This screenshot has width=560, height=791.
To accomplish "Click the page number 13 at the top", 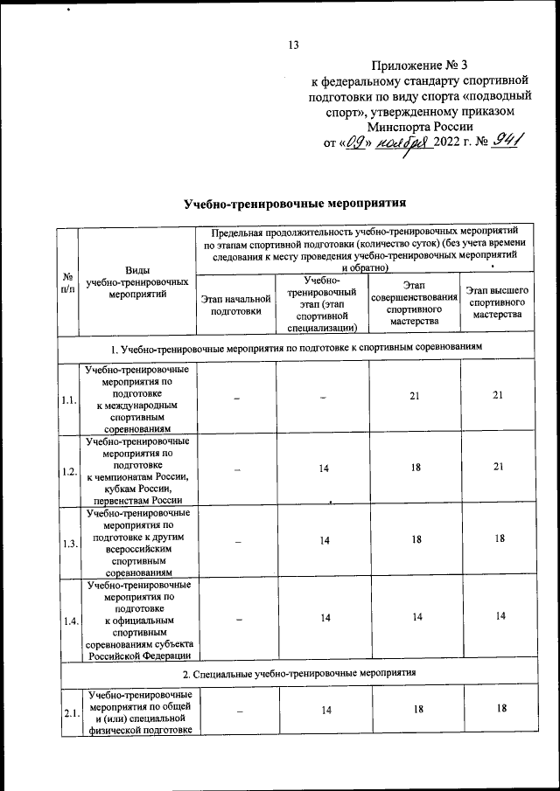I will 293,45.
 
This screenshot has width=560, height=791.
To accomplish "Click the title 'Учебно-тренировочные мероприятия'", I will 296,205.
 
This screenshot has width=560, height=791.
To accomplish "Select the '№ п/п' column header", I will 67,281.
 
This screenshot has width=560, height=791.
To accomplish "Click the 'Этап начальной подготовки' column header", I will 236,304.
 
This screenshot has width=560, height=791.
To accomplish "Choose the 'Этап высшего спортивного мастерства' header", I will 497,302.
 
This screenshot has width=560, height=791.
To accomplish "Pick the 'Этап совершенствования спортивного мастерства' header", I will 415,302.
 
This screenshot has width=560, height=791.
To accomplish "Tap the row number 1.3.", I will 67,543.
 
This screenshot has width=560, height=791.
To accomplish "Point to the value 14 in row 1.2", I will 324,469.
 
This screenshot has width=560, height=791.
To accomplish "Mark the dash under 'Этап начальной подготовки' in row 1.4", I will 236,619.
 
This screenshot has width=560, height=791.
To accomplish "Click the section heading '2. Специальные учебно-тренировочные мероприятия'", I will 296,673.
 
